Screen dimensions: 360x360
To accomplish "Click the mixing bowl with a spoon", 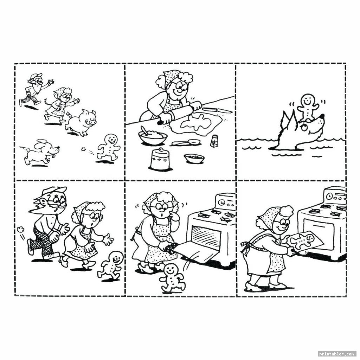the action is point(153,136).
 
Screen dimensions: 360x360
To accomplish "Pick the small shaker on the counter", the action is point(214,141).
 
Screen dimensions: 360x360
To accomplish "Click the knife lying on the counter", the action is point(217,110).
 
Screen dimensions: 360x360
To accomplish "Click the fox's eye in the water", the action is point(304,127).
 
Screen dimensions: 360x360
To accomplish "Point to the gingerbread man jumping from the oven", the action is point(172,278).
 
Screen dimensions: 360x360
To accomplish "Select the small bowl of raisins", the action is point(194,158).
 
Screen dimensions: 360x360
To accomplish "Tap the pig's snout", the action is point(92,122).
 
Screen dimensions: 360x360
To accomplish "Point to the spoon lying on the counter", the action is point(186,143).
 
